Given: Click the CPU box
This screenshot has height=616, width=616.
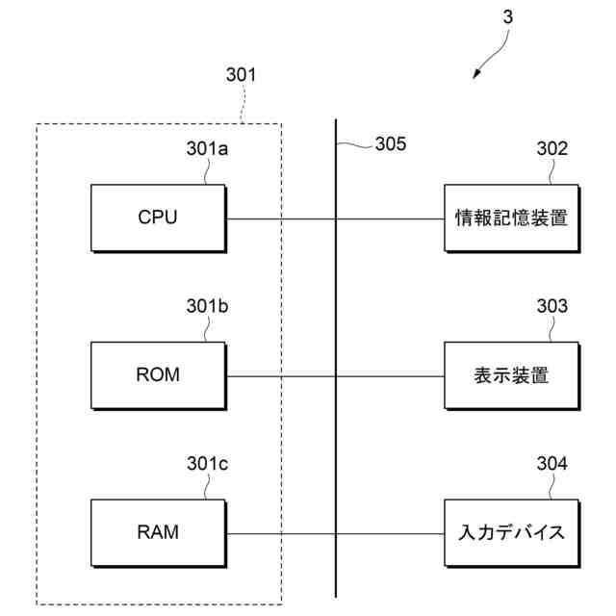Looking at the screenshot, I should point(158,218).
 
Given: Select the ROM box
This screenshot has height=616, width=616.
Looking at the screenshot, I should point(158,374).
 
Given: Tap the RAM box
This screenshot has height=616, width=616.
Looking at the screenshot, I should point(158,531).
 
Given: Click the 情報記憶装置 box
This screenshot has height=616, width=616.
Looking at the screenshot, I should point(511,218).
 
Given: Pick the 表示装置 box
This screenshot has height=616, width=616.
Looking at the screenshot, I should point(511,374).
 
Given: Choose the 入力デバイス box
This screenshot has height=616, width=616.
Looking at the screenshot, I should point(511,531).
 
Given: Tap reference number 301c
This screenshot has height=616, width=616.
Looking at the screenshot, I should point(206,464).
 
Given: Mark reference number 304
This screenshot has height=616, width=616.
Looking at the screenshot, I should point(552,464).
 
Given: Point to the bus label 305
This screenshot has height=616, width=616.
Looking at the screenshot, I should point(390,144).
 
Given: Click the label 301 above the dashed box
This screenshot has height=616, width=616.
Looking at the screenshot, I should point(241,74).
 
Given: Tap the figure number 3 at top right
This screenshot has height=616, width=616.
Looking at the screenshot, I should point(508,16).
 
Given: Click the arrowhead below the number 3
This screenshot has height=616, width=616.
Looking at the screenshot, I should point(476,76).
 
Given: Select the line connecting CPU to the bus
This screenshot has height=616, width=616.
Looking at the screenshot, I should point(279,218).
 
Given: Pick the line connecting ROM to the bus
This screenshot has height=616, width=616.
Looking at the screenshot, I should point(279,375).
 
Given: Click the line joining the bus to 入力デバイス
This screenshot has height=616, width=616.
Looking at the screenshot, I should point(390,533).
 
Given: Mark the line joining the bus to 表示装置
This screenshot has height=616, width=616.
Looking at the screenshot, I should point(390,375).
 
